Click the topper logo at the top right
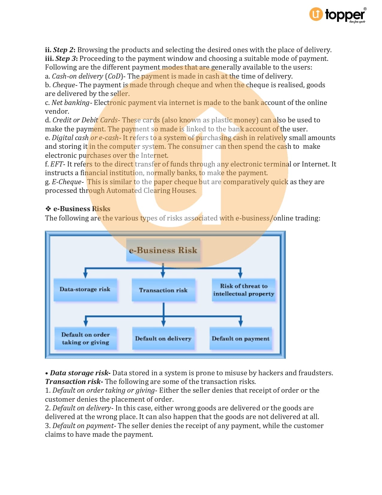point(338,15)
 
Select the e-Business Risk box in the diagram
point(163,250)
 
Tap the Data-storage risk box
point(85,289)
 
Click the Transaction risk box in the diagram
point(163,290)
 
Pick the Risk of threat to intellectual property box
point(244,290)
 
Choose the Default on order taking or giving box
point(86,338)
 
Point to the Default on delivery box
point(163,338)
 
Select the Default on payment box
point(241,338)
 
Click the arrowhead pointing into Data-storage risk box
point(85,275)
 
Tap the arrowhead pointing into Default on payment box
point(241,324)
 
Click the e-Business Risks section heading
point(81,209)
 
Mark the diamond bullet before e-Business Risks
point(48,209)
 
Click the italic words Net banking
point(70,103)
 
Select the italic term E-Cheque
point(67,182)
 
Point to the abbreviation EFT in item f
point(57,164)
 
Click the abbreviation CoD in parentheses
point(114,76)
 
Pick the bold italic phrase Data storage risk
point(79,373)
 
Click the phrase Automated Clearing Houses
point(151,190)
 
